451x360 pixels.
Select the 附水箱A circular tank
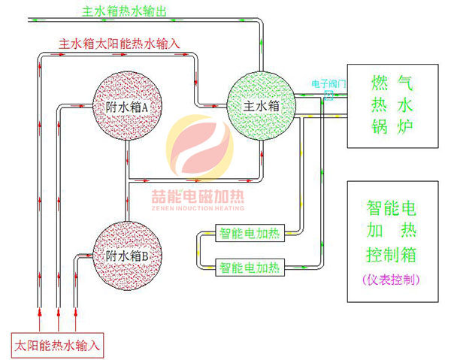(125, 107)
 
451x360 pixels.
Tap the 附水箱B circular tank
(125, 254)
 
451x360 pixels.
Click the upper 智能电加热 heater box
(249, 234)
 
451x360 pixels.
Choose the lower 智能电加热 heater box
(249, 266)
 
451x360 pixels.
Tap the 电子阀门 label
(328, 85)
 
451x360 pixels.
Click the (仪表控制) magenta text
(392, 279)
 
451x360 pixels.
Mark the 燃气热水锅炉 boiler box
(392, 103)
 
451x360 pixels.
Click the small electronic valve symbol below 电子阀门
(328, 95)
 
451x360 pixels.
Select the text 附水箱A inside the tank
(125, 107)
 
